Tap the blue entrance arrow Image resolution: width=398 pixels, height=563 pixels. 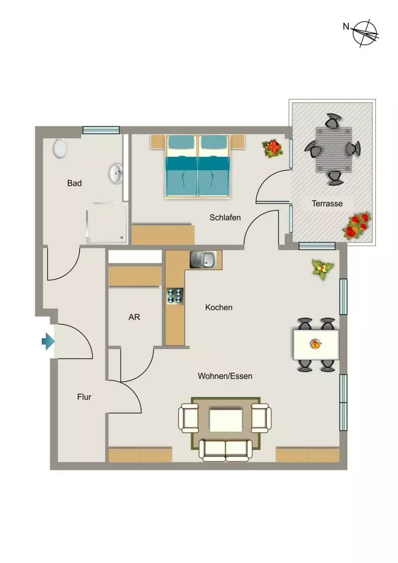[x=48, y=341]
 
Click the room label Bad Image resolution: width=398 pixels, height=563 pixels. [x=74, y=183]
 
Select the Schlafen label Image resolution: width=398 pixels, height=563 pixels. [x=225, y=218]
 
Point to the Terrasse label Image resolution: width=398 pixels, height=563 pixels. [x=327, y=203]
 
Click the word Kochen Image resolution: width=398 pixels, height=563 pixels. [x=219, y=307]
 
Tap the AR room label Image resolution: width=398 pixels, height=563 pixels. [x=134, y=317]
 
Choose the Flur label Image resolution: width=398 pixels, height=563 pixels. [x=84, y=397]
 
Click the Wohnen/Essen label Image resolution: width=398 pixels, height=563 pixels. [x=225, y=376]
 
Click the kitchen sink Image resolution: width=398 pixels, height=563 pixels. [x=203, y=260]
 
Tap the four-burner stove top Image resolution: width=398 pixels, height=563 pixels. [x=175, y=296]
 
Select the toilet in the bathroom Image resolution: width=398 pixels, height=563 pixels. [x=60, y=148]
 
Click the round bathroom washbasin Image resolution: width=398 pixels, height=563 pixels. [x=116, y=173]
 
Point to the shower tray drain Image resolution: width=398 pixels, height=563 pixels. [x=122, y=238]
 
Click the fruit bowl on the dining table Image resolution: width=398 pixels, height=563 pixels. [x=315, y=344]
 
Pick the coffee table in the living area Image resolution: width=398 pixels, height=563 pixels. [x=226, y=421]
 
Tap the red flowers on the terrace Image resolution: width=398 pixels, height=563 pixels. [x=357, y=226]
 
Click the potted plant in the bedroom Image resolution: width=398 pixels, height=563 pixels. [x=273, y=148]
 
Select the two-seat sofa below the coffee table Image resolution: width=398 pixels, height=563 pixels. [x=226, y=450]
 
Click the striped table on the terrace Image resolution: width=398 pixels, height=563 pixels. [x=333, y=150]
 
